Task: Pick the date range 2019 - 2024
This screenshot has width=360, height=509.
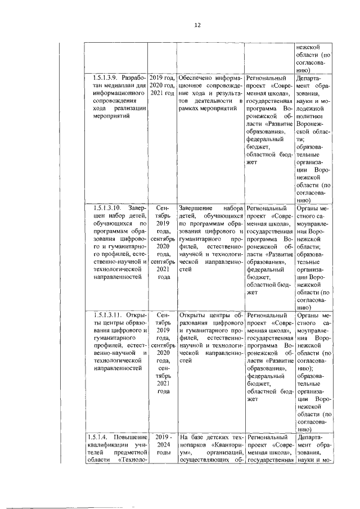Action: point(163,437)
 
